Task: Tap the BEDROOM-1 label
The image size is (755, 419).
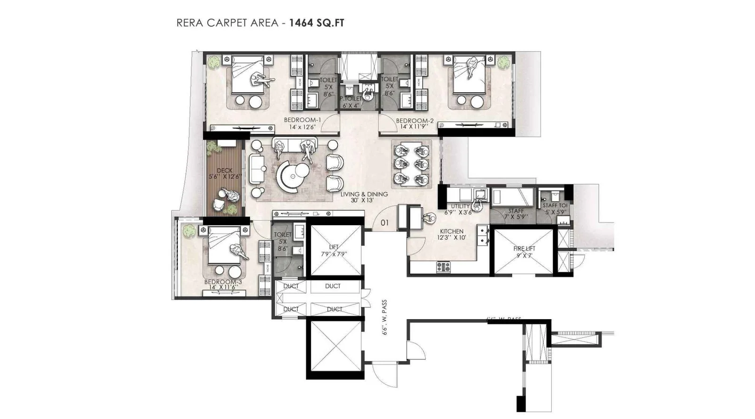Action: pos(302,120)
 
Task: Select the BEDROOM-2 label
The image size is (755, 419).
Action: pos(414,121)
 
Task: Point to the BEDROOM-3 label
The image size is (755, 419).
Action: pos(223,282)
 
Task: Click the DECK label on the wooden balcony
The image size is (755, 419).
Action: pos(225,171)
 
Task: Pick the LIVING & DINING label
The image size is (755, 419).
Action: pos(364,194)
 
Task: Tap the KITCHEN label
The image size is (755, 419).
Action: pos(452,231)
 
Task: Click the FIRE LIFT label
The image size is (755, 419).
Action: pos(524,248)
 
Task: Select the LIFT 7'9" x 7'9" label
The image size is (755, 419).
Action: pos(334,250)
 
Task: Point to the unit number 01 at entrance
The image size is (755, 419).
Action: pos(385,222)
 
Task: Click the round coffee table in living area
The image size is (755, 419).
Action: pos(293,176)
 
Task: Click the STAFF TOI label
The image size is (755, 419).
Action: pos(555,205)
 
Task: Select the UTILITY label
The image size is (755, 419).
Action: pos(460,206)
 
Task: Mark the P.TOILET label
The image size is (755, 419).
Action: pos(351,99)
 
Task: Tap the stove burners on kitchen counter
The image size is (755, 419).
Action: pos(443,267)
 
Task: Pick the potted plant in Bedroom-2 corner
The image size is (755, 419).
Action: pos(503,62)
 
